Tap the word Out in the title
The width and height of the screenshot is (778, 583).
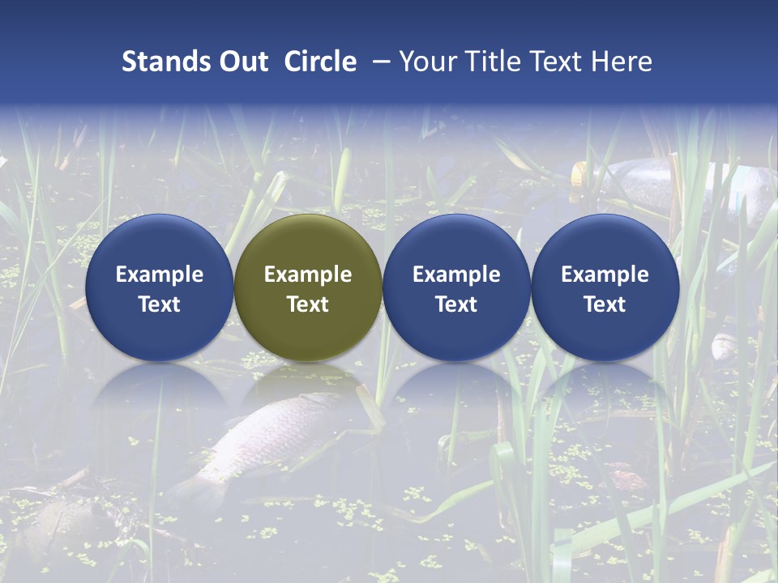click(242, 62)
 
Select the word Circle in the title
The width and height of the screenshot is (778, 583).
click(320, 62)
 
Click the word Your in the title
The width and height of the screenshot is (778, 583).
click(425, 62)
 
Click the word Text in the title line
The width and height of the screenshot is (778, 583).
click(558, 62)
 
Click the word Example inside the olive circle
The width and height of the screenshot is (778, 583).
click(308, 274)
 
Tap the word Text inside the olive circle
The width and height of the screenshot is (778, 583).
click(308, 304)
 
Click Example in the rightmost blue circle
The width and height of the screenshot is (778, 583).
click(605, 274)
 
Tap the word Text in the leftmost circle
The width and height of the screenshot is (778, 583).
click(159, 304)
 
